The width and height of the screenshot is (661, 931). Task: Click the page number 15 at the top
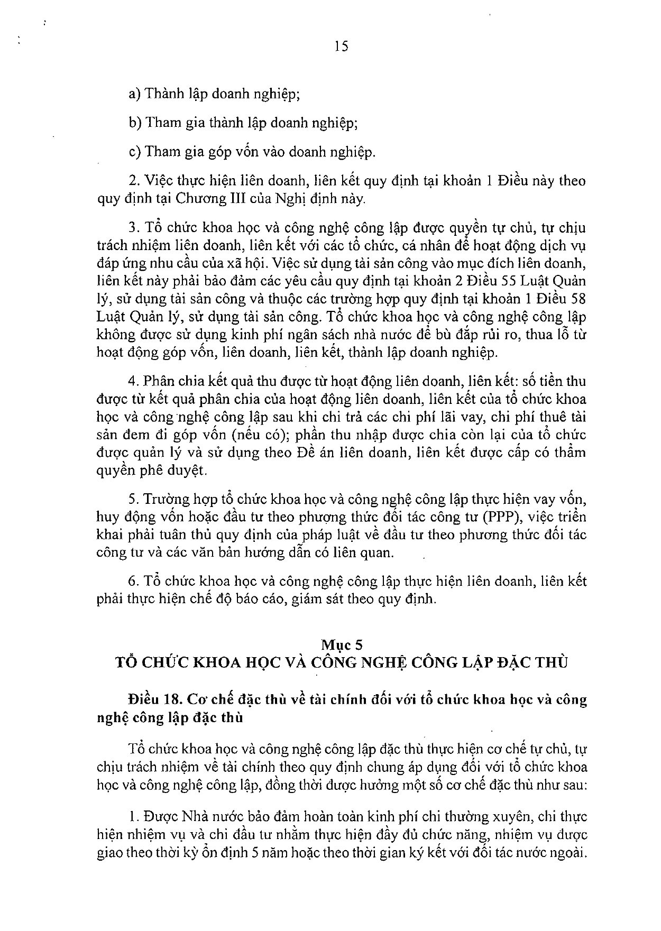click(341, 47)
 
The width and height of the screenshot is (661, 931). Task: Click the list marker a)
click(134, 94)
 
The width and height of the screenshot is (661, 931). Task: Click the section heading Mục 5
click(342, 644)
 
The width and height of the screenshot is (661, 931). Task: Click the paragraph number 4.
click(133, 381)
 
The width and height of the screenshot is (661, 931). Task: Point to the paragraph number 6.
click(133, 582)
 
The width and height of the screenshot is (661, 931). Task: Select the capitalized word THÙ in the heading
click(550, 662)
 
